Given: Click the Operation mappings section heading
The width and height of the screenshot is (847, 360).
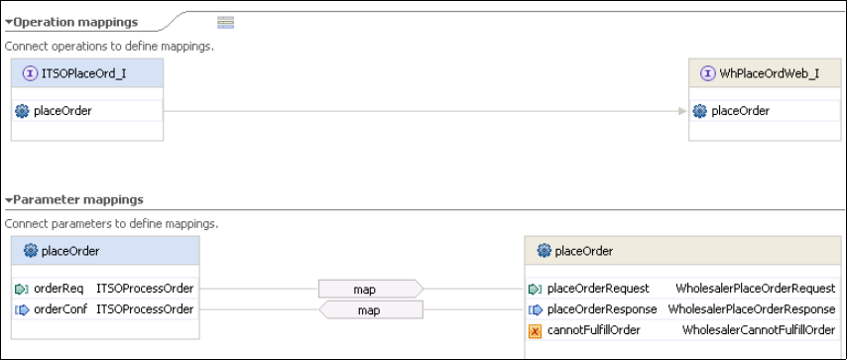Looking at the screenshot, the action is [x=75, y=22].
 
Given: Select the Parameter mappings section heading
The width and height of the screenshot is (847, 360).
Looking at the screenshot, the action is [x=78, y=199].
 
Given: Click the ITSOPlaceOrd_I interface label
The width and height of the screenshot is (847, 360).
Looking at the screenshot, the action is [x=83, y=73].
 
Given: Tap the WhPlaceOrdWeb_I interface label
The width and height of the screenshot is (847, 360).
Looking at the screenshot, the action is [x=769, y=73].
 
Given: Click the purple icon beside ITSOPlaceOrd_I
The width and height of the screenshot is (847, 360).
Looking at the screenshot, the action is [x=30, y=73].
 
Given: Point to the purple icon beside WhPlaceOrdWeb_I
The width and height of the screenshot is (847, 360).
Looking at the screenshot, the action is [x=707, y=73].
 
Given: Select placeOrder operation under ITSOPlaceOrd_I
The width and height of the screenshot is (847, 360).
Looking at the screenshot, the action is [x=62, y=111].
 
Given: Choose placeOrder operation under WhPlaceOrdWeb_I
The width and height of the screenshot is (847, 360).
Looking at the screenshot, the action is [x=741, y=111].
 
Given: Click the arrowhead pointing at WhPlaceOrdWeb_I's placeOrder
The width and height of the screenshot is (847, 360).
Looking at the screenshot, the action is [x=682, y=111].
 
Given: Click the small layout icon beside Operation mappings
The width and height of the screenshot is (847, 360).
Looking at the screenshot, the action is [x=226, y=22].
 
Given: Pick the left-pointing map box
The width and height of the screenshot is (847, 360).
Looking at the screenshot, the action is [x=371, y=309].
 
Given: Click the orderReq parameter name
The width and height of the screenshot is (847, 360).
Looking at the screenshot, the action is [x=59, y=289].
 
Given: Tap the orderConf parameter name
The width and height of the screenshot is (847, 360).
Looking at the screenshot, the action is [x=60, y=309].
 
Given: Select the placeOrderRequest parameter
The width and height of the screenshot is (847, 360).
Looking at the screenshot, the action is [x=598, y=289].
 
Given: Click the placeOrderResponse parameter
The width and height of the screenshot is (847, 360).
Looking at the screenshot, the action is [x=602, y=309].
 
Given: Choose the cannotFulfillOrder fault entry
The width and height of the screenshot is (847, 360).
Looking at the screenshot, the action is [x=594, y=330].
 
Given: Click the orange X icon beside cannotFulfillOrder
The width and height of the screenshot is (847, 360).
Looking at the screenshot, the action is [x=535, y=331].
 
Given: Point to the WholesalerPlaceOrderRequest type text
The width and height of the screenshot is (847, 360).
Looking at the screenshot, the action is [x=755, y=289].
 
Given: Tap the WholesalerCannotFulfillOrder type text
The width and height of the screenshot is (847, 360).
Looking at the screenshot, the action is [x=759, y=330].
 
